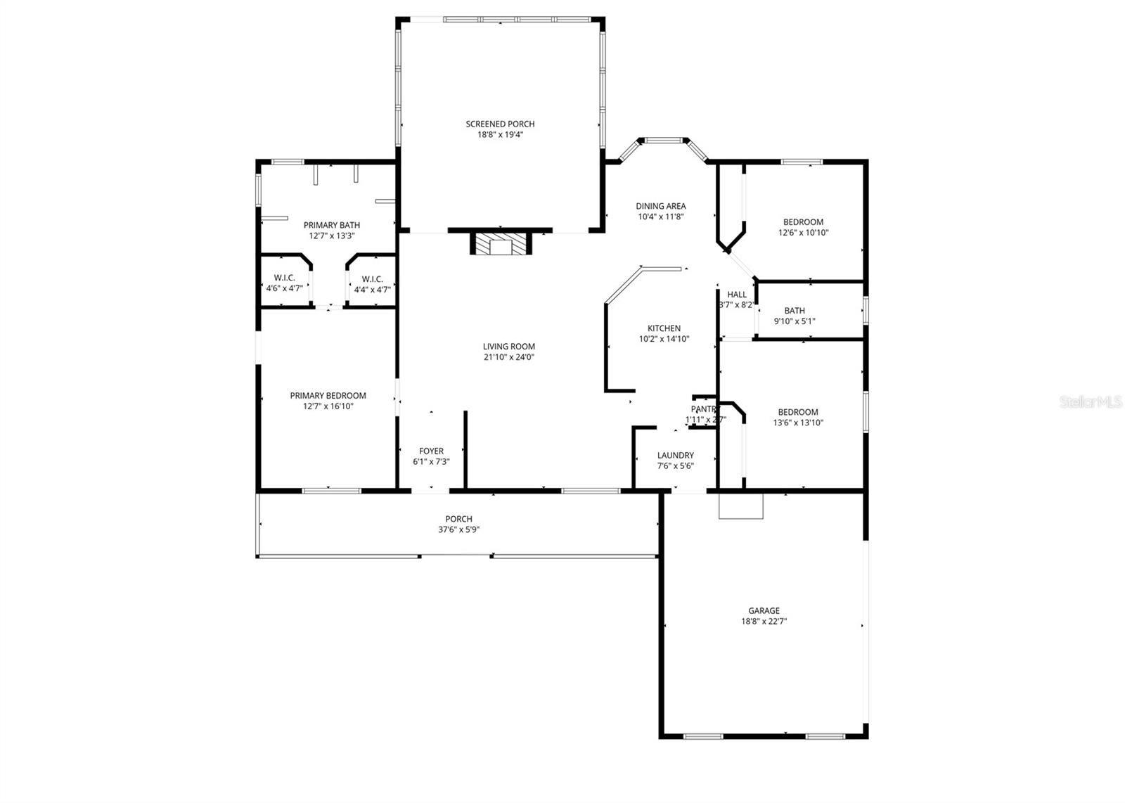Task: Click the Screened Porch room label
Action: (500, 124)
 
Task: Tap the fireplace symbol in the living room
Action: (501, 245)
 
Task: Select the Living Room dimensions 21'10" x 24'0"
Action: (508, 357)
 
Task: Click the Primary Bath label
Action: (331, 225)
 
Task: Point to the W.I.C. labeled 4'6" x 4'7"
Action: (284, 283)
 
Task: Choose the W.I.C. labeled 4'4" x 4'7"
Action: (372, 283)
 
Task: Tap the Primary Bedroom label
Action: (328, 396)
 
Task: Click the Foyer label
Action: (431, 451)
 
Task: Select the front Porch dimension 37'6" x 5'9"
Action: (458, 530)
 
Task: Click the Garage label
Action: (764, 611)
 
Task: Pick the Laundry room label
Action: (675, 456)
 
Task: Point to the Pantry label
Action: (704, 409)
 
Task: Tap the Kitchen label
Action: (664, 328)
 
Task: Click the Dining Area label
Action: (660, 206)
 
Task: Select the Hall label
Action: (737, 295)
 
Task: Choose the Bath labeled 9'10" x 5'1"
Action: (795, 316)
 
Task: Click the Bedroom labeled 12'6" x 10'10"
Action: (803, 227)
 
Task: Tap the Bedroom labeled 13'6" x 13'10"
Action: (797, 418)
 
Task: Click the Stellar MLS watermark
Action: (1091, 402)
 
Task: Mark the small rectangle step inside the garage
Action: (740, 506)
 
